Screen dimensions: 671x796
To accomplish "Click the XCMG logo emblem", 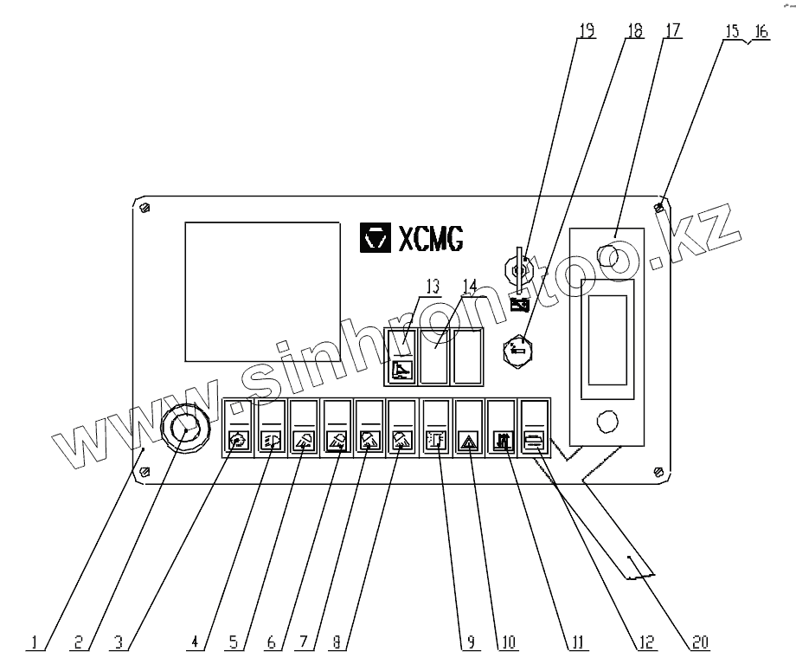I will pos(375,238).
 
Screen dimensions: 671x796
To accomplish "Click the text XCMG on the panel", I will pos(430,239).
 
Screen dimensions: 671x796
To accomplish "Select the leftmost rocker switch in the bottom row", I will pos(239,427).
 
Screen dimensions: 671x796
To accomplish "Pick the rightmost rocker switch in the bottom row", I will pos(533,427).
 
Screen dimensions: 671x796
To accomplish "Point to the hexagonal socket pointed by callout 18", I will pos(523,350).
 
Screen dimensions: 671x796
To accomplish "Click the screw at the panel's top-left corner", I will pos(144,207).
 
